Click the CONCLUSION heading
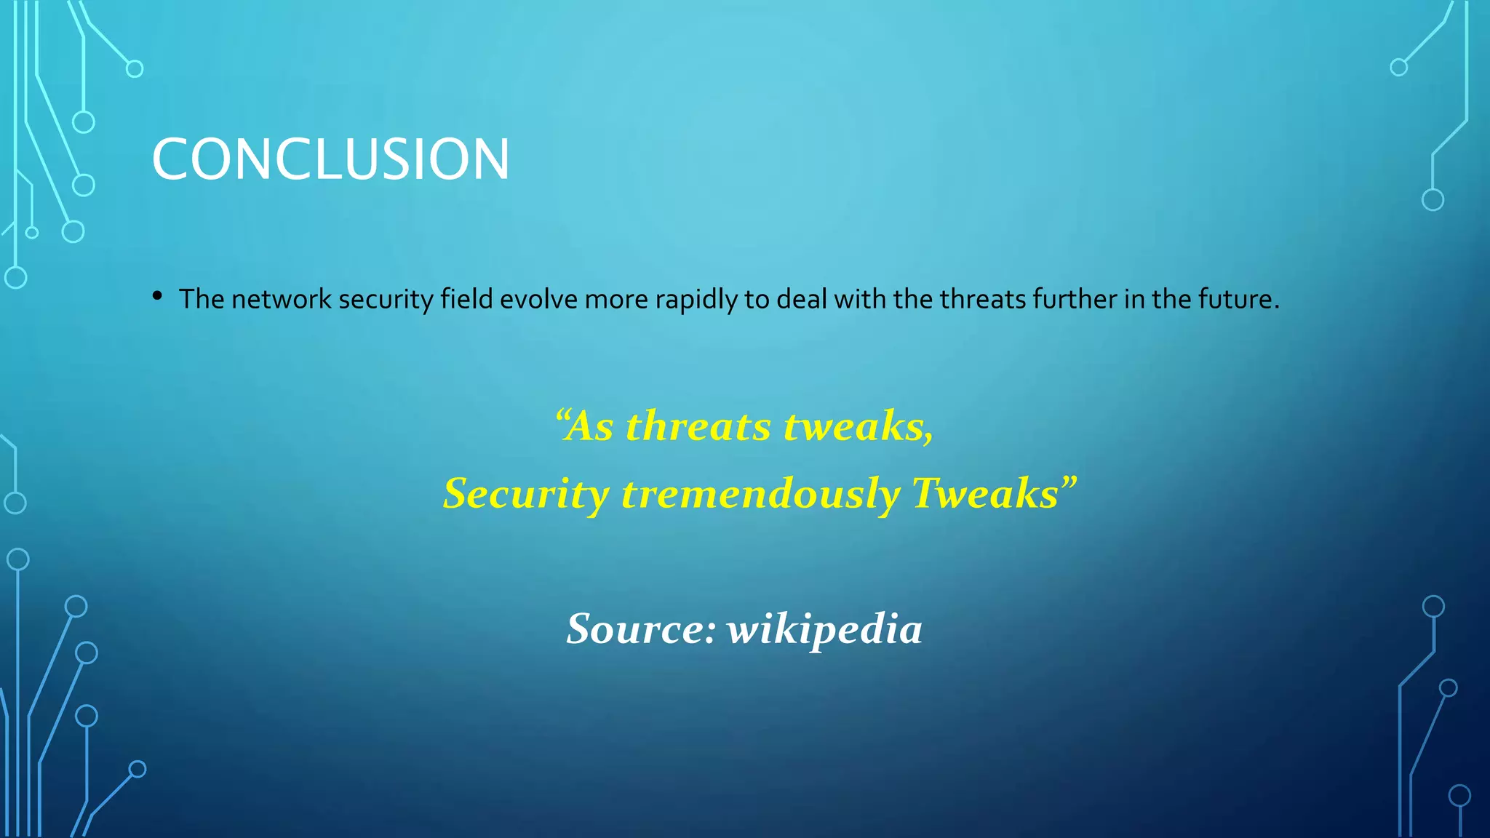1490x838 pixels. [x=330, y=159]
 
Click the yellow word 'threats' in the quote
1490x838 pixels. [x=698, y=426]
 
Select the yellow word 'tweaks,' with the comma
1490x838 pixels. [x=858, y=426]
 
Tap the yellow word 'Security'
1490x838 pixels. [x=526, y=494]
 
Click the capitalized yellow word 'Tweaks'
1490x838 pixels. [x=984, y=493]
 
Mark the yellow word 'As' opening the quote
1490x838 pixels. [x=589, y=426]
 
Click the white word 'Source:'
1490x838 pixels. [x=641, y=628]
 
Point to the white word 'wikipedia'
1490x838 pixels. [x=824, y=629]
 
